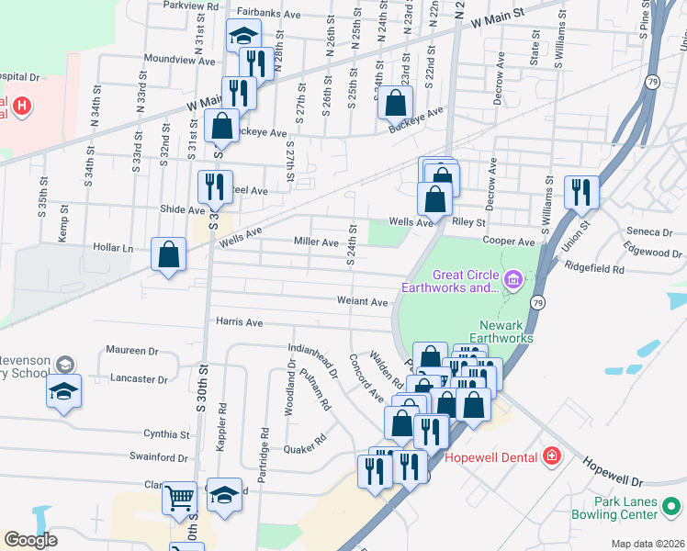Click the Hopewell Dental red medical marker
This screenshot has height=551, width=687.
coord(550,456)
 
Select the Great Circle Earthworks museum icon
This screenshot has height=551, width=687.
coord(512,277)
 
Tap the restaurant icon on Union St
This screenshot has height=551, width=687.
coord(581,192)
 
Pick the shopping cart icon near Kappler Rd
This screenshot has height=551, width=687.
coord(179,498)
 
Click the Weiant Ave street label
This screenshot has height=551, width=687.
coord(362,301)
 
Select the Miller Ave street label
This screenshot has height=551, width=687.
coord(316,242)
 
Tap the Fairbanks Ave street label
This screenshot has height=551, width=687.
coord(268,14)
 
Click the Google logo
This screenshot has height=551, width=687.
coord(30,540)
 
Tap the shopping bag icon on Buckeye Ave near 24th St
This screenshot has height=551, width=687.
coord(395,103)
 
